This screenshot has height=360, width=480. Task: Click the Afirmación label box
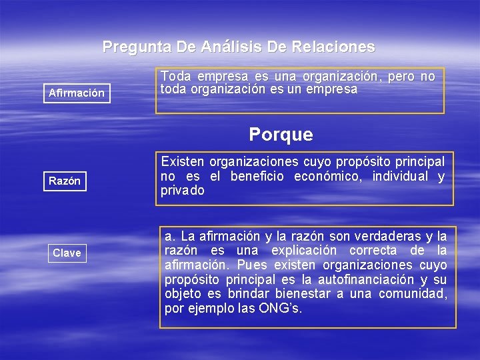[77, 93]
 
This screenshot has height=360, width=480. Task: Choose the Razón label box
[65, 181]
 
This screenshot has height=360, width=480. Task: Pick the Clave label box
[67, 253]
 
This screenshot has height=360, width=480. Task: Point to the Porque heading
[281, 135]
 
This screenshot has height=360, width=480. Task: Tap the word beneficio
[258, 176]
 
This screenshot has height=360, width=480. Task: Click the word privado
[183, 191]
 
